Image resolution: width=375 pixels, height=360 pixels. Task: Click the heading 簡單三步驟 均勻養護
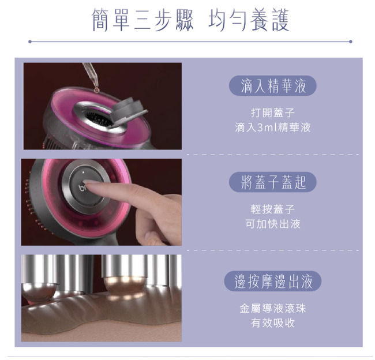pyautogui.click(x=190, y=20)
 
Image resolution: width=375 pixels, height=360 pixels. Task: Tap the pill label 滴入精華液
pyautogui.click(x=273, y=86)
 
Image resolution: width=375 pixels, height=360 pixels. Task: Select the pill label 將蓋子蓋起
pyautogui.click(x=273, y=182)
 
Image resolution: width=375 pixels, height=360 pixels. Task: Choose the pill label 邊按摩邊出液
pyautogui.click(x=273, y=281)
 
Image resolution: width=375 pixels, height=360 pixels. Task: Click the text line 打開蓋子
pyautogui.click(x=273, y=112)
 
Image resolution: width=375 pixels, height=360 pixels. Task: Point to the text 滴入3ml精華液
pyautogui.click(x=273, y=127)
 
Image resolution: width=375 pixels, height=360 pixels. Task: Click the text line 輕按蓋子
pyautogui.click(x=273, y=209)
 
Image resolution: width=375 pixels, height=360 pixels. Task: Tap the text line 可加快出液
pyautogui.click(x=273, y=224)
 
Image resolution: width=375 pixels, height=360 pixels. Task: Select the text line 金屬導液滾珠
pyautogui.click(x=273, y=308)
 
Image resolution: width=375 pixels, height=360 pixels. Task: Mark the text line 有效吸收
pyautogui.click(x=273, y=323)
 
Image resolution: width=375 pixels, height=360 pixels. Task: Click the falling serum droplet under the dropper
pyautogui.click(x=96, y=89)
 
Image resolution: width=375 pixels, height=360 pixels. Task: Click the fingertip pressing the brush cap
pyautogui.click(x=89, y=183)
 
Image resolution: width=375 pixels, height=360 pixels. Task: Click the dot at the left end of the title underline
pyautogui.click(x=30, y=42)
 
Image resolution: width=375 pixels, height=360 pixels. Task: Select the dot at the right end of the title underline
pyautogui.click(x=350, y=42)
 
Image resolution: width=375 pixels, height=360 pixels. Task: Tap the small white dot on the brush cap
pyautogui.click(x=83, y=172)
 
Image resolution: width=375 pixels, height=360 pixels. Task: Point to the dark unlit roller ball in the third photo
pyautogui.click(x=39, y=291)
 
